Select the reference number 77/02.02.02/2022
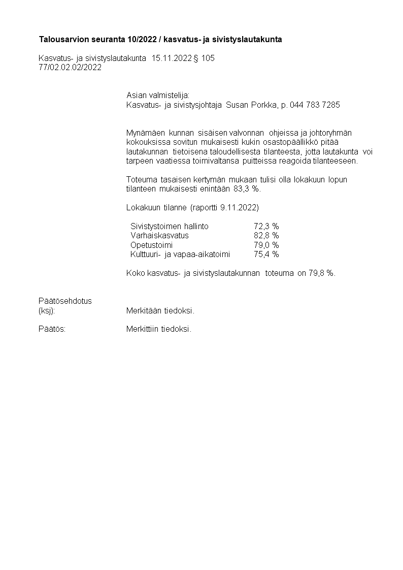click(70, 67)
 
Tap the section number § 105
click(205, 58)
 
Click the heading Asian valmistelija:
click(157, 96)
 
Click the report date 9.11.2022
click(239, 208)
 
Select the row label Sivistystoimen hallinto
click(170, 227)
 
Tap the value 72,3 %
click(266, 227)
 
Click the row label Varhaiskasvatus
click(159, 236)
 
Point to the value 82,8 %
click(266, 236)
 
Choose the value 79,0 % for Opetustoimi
click(266, 245)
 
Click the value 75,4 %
click(266, 254)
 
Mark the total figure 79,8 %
click(321, 273)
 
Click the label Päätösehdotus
click(65, 301)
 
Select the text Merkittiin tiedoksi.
click(159, 329)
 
